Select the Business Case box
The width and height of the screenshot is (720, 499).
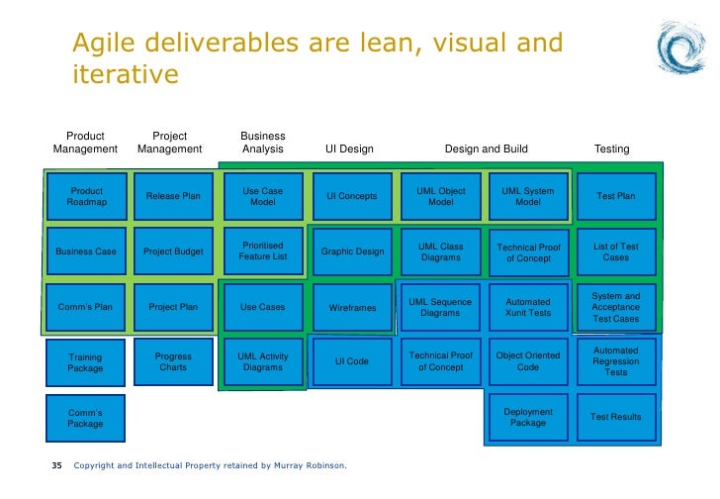pos(85,251)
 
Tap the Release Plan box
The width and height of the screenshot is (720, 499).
pos(173,196)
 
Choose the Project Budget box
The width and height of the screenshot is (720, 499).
pos(173,251)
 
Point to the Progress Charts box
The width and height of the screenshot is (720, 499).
pos(173,362)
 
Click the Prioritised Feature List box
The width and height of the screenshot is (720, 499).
pos(262,251)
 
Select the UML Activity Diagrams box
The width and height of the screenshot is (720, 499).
pos(262,362)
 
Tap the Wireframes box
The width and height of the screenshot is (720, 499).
pos(352,308)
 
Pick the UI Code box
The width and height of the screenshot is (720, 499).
pos(352,361)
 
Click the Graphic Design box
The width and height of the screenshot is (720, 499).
pos(352,251)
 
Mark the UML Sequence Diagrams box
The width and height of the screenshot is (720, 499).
pos(440,308)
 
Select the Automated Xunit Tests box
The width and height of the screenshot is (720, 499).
pos(528,308)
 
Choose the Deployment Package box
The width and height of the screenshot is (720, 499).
pos(528,418)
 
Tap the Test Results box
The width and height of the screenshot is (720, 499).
pos(615,418)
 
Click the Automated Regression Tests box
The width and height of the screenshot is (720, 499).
pos(615,361)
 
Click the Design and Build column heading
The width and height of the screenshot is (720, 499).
pos(486,150)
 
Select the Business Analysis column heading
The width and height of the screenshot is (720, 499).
pos(262,143)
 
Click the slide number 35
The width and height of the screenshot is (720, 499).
pos(56,465)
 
